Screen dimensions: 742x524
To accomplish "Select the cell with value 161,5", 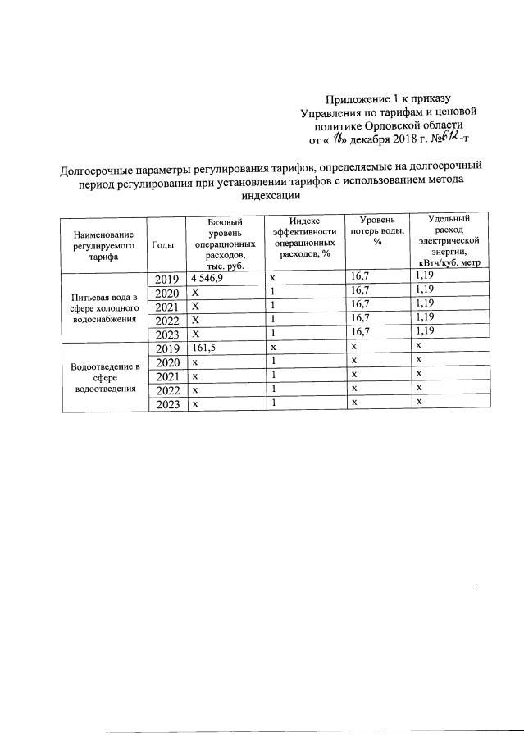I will click(202, 348).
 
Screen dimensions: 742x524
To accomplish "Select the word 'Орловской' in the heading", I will click(394, 125).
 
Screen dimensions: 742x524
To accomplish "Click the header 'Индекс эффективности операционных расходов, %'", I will click(304, 238).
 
